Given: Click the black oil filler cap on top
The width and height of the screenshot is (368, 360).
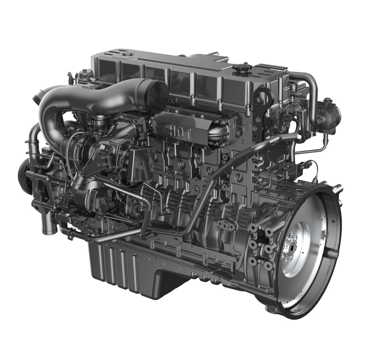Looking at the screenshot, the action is [241, 68].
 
